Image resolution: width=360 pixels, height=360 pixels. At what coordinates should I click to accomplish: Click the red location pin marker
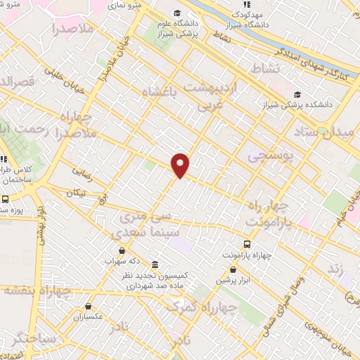click(181, 165)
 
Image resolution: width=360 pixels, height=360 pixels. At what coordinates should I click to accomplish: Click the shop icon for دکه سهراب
click(122, 250)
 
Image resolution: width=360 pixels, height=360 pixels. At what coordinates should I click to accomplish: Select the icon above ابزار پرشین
click(232, 269)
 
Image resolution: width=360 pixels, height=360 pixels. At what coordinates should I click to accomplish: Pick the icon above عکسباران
click(88, 307)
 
